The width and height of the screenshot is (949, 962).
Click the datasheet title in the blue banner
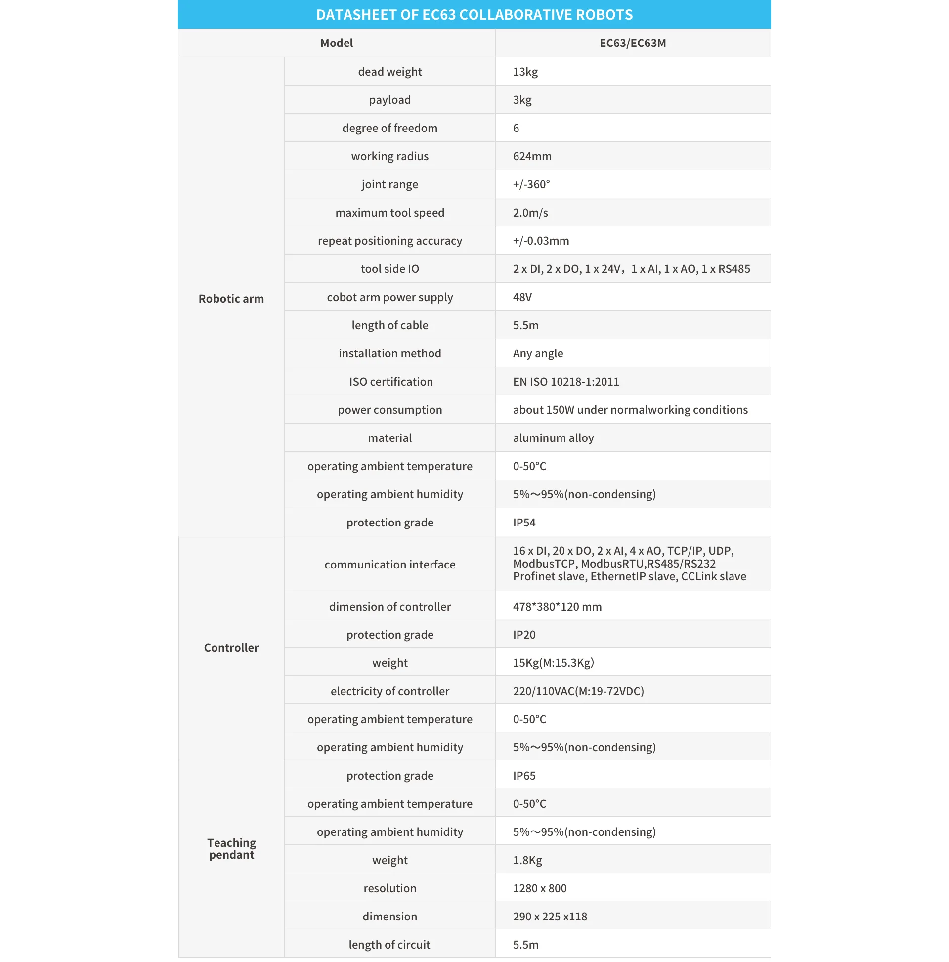[474, 14]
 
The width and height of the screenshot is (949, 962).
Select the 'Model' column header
[336, 43]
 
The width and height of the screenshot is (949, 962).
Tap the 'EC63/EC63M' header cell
[632, 43]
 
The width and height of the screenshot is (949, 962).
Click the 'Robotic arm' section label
[231, 298]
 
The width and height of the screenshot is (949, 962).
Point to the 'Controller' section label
[231, 647]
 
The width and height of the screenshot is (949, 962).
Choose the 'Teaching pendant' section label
[231, 848]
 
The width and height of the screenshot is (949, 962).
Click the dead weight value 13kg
[525, 72]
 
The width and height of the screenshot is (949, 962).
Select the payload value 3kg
[522, 100]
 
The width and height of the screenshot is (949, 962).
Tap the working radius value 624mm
[532, 156]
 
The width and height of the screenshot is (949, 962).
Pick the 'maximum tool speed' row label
[389, 213]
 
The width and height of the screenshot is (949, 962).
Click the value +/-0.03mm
[541, 241]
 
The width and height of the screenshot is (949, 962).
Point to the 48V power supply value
[522, 297]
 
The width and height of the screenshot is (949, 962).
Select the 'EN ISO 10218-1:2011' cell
[565, 382]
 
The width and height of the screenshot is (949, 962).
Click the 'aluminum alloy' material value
[553, 438]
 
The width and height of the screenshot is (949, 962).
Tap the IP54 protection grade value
[524, 523]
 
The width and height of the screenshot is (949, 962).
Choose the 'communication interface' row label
[389, 565]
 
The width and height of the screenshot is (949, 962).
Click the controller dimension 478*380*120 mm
[557, 607]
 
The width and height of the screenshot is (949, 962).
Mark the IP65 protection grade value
[524, 776]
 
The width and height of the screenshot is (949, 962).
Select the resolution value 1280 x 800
[539, 888]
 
